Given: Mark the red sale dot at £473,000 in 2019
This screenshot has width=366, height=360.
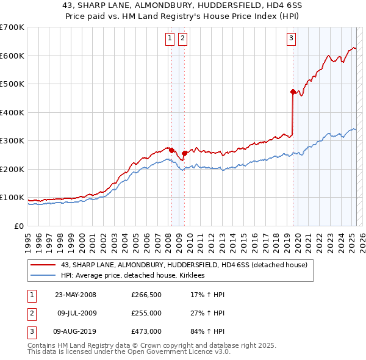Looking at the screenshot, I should (x=293, y=92).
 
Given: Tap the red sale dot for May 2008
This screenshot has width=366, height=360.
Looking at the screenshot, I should (x=172, y=150).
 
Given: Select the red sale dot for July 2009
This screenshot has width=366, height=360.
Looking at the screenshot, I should (x=184, y=153).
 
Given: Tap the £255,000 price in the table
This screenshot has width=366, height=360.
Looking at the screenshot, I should (x=146, y=313).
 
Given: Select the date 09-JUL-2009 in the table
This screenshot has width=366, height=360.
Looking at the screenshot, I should (x=76, y=313).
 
